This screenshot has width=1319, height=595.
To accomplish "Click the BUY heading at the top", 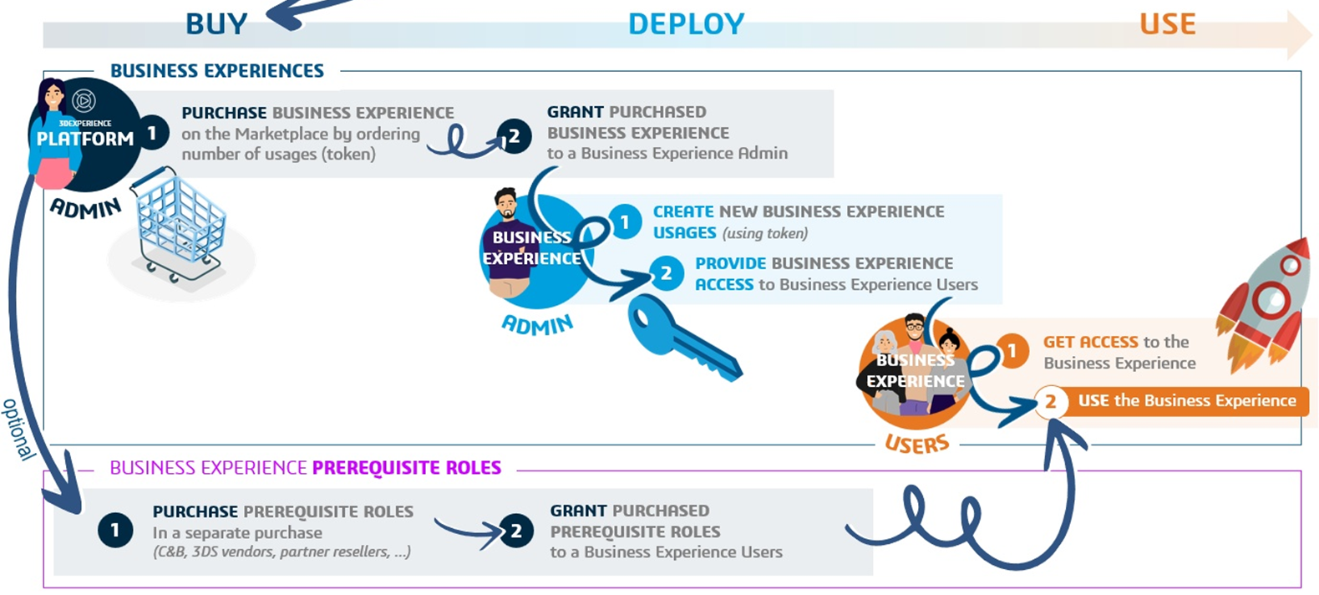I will (216, 23).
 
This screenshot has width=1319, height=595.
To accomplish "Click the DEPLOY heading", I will (686, 24).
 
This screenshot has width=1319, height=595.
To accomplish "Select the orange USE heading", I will (1167, 23).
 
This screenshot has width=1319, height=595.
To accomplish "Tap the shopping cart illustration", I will (180, 226).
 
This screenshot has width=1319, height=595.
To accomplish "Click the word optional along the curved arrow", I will (18, 429).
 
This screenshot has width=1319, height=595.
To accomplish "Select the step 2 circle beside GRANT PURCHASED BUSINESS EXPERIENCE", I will (514, 135).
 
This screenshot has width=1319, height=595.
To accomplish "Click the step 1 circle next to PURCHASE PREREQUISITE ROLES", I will (115, 530).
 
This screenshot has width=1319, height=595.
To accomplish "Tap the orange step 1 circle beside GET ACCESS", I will (1012, 350).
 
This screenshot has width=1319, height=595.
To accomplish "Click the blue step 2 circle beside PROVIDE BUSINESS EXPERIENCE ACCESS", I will (666, 273).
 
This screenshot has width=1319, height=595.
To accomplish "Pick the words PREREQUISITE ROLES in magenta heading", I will (407, 467).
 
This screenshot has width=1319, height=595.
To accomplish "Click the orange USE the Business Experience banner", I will (1186, 400).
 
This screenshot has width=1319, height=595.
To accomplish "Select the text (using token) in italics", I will (764, 233).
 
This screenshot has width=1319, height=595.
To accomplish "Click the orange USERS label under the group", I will (917, 444).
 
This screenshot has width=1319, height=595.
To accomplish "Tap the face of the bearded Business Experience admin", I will (505, 204).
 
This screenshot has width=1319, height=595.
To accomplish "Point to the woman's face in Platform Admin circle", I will (53, 96).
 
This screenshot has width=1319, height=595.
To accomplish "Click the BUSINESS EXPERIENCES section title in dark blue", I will (216, 71).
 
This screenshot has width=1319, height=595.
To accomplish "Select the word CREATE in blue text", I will (682, 211).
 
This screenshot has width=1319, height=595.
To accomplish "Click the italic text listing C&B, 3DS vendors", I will (282, 552).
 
